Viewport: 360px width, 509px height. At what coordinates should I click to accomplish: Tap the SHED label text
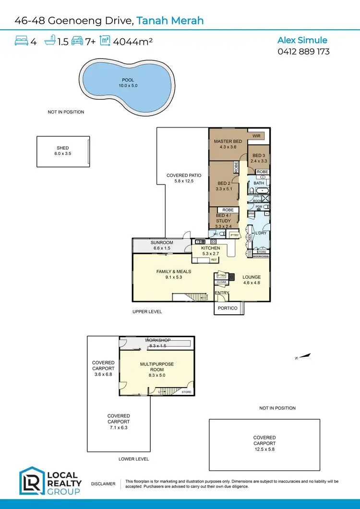(x=63, y=148)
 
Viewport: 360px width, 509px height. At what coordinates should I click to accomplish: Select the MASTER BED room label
(x=228, y=142)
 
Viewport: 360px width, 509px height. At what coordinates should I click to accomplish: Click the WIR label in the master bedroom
(x=256, y=136)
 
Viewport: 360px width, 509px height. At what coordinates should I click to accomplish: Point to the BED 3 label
(x=258, y=155)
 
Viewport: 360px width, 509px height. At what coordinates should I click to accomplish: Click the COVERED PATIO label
(x=184, y=176)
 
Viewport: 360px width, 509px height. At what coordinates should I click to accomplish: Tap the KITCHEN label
(x=211, y=248)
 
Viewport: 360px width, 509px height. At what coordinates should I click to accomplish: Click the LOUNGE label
(x=252, y=277)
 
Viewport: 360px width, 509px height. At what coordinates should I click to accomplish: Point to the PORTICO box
(x=228, y=308)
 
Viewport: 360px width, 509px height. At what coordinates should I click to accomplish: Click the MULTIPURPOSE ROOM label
(x=157, y=367)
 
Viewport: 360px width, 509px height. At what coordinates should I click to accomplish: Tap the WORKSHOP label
(x=157, y=340)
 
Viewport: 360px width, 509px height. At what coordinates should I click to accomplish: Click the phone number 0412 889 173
(x=303, y=51)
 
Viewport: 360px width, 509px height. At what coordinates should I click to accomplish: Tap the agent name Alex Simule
(x=303, y=40)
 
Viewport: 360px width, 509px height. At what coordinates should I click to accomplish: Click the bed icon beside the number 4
(x=22, y=41)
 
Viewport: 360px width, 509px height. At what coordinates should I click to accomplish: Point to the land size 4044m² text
(x=132, y=42)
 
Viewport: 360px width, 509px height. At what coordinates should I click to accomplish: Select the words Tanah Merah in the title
(x=170, y=21)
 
